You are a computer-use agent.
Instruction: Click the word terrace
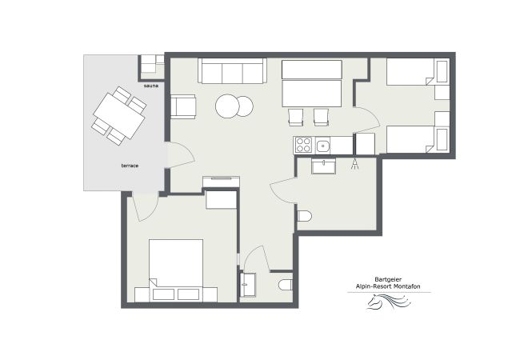[130, 165]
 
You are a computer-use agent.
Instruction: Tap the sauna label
[151, 85]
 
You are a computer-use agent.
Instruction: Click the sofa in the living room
[232, 71]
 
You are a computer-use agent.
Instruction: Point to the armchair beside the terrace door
[183, 106]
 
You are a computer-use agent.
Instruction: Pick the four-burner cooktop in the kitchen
[304, 145]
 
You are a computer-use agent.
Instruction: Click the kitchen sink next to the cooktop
[323, 145]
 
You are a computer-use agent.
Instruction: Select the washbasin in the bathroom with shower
[324, 166]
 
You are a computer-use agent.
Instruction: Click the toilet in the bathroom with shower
[304, 216]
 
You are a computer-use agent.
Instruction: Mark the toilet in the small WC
[286, 284]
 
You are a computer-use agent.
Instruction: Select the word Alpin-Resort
[373, 287]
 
